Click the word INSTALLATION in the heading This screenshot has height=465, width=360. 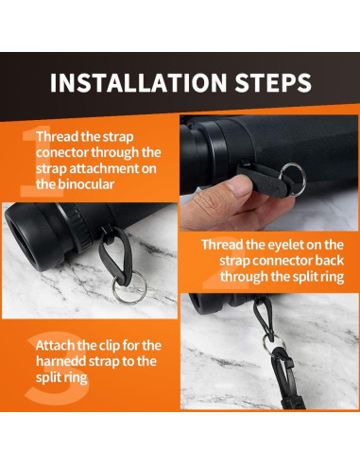[138, 82]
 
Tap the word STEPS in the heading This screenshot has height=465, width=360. [273, 82]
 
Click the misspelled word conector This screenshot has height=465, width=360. [62, 152]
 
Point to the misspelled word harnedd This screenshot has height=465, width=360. [60, 361]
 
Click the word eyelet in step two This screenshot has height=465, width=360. [287, 245]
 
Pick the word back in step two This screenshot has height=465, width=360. [330, 261]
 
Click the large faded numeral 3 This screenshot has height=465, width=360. [57, 368]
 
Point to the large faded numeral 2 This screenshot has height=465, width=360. [225, 263]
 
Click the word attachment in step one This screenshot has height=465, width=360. [104, 168]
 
